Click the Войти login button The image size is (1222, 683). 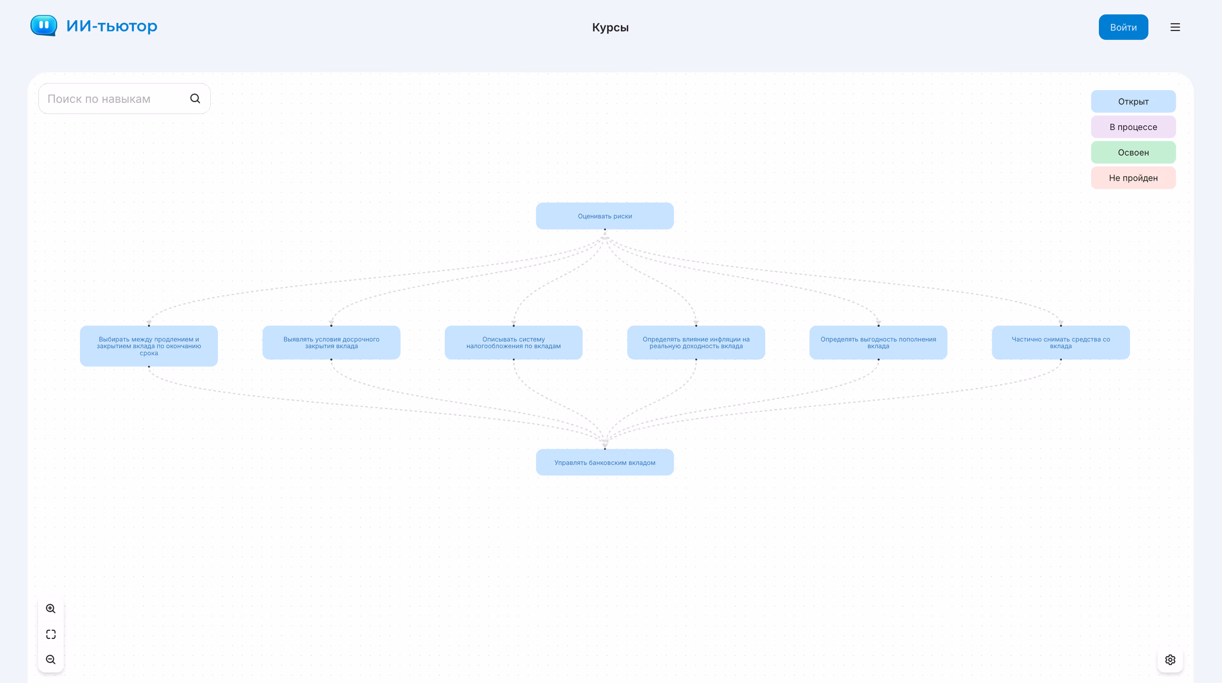1123,27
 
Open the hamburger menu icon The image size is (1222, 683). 1175,27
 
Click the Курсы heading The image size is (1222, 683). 610,27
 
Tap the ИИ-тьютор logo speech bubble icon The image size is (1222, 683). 44,25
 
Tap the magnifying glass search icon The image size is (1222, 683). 195,99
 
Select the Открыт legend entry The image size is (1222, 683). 1133,101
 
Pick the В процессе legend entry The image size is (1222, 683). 1133,127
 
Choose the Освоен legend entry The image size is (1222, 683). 1133,152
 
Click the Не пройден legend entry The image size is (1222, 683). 1133,178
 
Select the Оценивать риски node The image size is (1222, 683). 605,216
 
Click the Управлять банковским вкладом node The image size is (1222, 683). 605,462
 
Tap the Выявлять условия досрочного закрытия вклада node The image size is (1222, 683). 331,343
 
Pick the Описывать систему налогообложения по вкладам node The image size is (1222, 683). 514,343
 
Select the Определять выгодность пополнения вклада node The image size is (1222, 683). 878,343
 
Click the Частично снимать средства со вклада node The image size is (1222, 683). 1061,343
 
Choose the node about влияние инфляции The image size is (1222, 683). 696,343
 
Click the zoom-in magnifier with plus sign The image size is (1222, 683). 51,609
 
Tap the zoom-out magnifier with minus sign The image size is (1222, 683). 51,660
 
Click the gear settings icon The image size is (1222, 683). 1170,660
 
